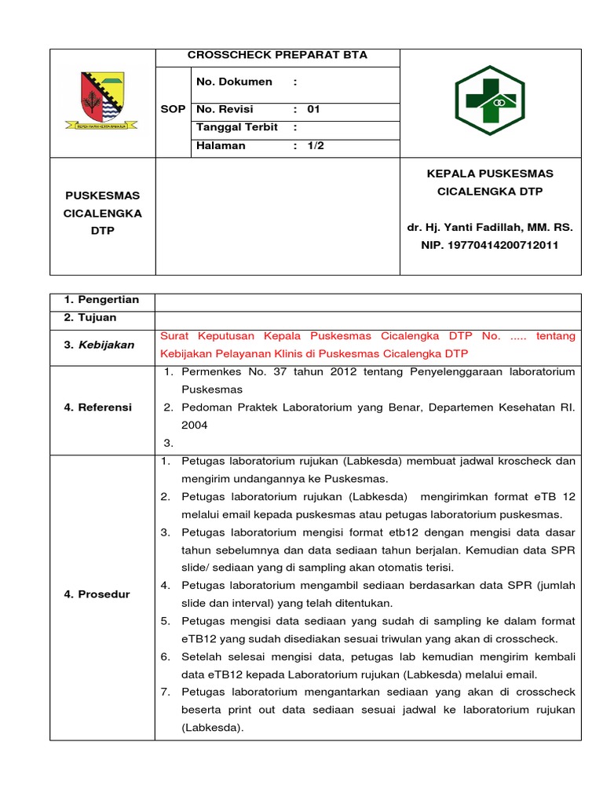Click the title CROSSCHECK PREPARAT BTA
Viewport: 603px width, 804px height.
pyautogui.click(x=277, y=56)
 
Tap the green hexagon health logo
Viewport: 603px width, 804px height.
pyautogui.click(x=491, y=102)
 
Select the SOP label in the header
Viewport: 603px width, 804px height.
pyautogui.click(x=173, y=110)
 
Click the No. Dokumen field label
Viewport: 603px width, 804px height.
pyautogui.click(x=234, y=82)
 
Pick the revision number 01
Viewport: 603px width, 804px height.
pyautogui.click(x=313, y=110)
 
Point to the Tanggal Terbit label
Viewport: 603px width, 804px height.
pyautogui.click(x=237, y=127)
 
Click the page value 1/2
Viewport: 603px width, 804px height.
pyautogui.click(x=315, y=146)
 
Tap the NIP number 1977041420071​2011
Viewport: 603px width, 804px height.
pyautogui.click(x=491, y=246)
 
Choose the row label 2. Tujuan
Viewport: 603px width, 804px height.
pyautogui.click(x=90, y=318)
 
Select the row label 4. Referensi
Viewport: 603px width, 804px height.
pyautogui.click(x=98, y=407)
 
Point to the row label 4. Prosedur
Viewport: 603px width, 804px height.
pyautogui.click(x=97, y=594)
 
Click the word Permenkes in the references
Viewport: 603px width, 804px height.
pyautogui.click(x=207, y=371)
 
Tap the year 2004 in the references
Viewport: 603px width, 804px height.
pyautogui.click(x=195, y=426)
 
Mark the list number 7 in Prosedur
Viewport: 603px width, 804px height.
pyautogui.click(x=166, y=692)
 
